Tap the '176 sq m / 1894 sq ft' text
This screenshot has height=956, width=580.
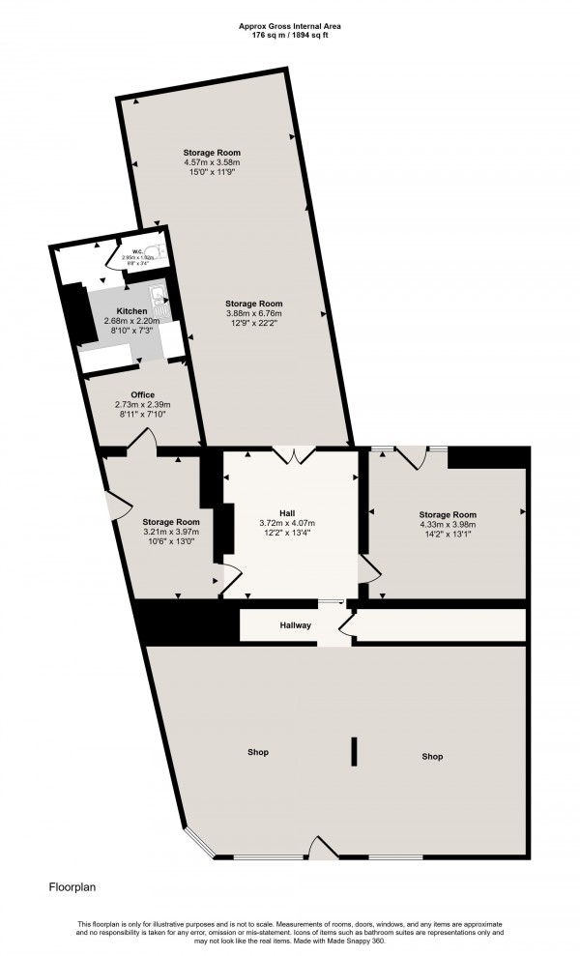[290, 37]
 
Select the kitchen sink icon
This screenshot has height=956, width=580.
[156, 296]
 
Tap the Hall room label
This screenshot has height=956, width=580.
[287, 512]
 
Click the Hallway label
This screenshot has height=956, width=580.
[296, 625]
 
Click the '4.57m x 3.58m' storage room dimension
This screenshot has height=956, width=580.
[212, 162]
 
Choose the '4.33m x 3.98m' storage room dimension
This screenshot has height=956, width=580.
[448, 525]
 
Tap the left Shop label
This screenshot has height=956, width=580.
[257, 752]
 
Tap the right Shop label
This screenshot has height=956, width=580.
[432, 756]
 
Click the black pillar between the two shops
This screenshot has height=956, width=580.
[355, 751]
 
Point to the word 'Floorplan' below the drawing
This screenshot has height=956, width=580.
[72, 884]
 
